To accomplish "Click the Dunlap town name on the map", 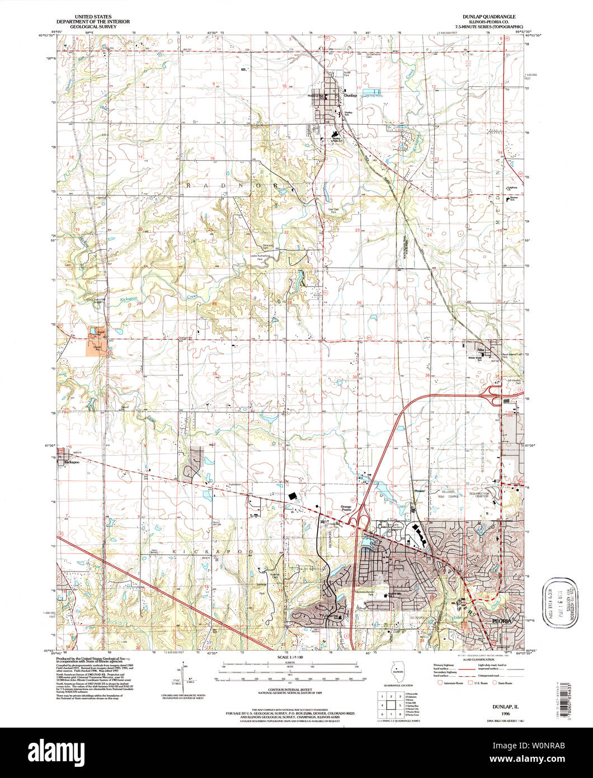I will coord(350,96).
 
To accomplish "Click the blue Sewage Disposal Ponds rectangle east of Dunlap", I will coord(370,91).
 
